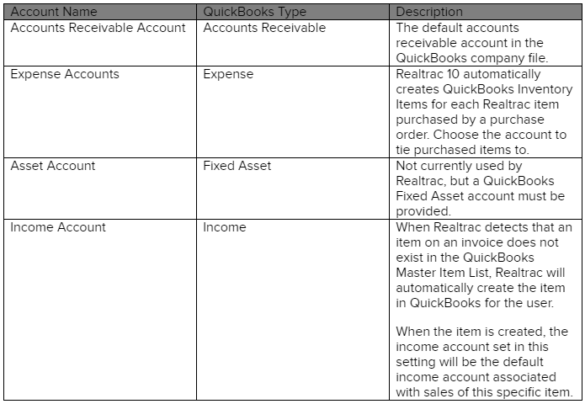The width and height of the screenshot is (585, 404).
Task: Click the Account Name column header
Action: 54,12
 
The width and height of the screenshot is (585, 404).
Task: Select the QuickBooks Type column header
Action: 254,12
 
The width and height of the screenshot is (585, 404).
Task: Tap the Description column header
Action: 429,12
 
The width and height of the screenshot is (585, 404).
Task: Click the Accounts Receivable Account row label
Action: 98,28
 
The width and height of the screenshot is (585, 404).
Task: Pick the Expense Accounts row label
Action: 65,74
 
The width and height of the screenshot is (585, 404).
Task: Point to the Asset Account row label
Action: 52,166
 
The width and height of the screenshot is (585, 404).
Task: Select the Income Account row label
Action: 58,227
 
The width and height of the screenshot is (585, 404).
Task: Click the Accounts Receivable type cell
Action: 264,28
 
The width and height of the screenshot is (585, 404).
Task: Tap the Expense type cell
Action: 228,74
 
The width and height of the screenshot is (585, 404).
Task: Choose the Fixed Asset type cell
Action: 237,166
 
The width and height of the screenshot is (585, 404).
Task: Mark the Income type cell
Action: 225,227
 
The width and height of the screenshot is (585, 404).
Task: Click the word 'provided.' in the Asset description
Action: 423,211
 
